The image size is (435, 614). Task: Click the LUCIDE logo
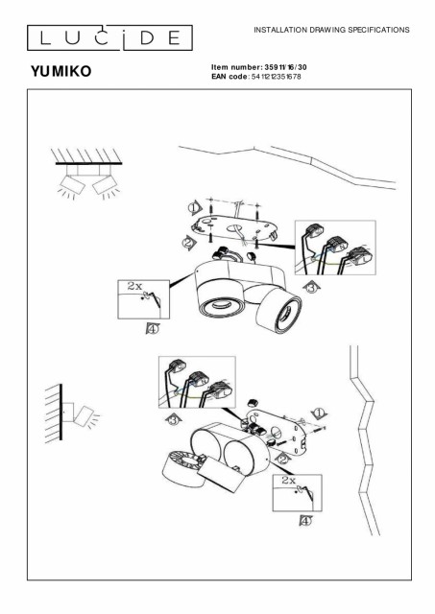[109, 38]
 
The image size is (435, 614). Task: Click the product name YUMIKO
[61, 71]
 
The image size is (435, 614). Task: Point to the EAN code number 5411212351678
[277, 77]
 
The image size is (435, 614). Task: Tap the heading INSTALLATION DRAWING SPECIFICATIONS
[331, 30]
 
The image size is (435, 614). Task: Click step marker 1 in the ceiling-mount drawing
[194, 208]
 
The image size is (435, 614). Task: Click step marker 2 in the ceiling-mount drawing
[188, 243]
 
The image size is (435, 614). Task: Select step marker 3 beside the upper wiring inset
[311, 288]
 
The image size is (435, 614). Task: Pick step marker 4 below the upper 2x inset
[153, 328]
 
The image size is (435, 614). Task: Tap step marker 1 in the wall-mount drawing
[319, 413]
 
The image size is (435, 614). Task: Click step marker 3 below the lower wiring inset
[174, 420]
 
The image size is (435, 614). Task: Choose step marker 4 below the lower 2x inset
[305, 521]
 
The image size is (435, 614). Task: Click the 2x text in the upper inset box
[134, 286]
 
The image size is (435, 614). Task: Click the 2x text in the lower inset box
[288, 480]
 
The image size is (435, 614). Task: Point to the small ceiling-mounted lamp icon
[88, 174]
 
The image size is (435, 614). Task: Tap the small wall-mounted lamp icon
[73, 413]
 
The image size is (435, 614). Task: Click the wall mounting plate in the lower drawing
[280, 432]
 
